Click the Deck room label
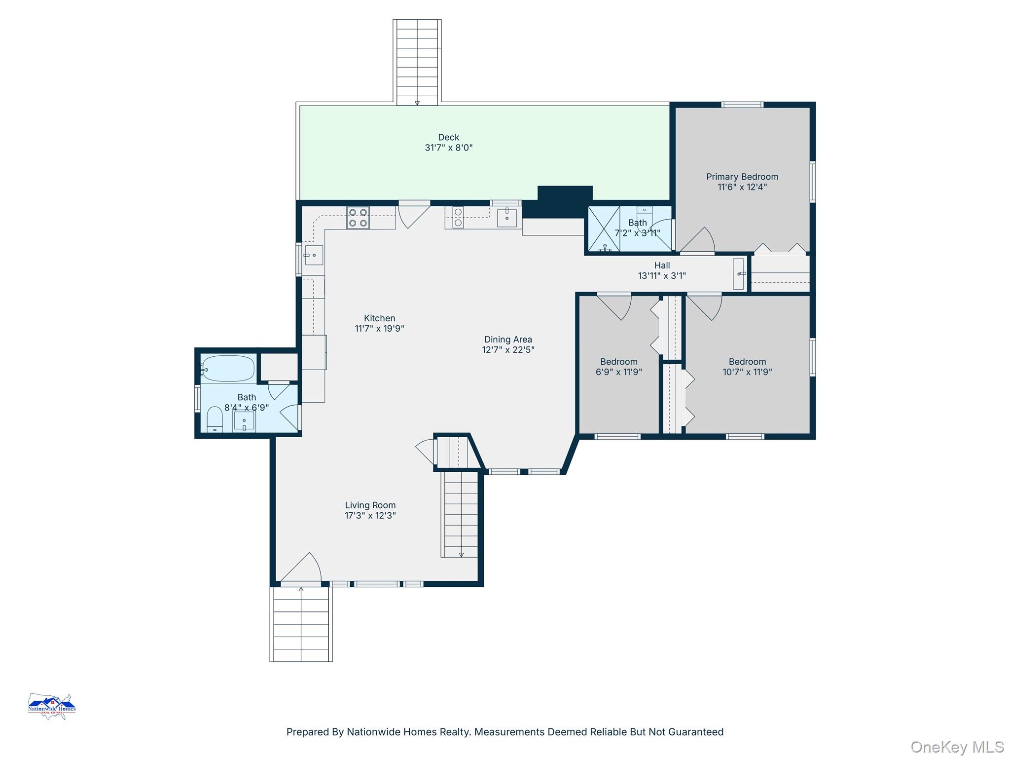click(x=448, y=137)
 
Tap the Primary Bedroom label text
click(x=742, y=177)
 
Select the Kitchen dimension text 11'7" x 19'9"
click(x=379, y=329)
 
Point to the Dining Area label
click(x=508, y=340)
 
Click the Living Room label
click(x=370, y=505)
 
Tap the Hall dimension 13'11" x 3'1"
click(x=662, y=276)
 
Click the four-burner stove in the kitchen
click(x=358, y=218)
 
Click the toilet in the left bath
click(x=215, y=419)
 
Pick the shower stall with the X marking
click(x=604, y=229)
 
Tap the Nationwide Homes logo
click(x=52, y=706)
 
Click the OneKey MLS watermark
click(x=957, y=747)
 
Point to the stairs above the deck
click(x=417, y=62)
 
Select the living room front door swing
click(x=301, y=567)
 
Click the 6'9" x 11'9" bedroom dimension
click(x=618, y=372)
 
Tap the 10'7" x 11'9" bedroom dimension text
click(x=747, y=372)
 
